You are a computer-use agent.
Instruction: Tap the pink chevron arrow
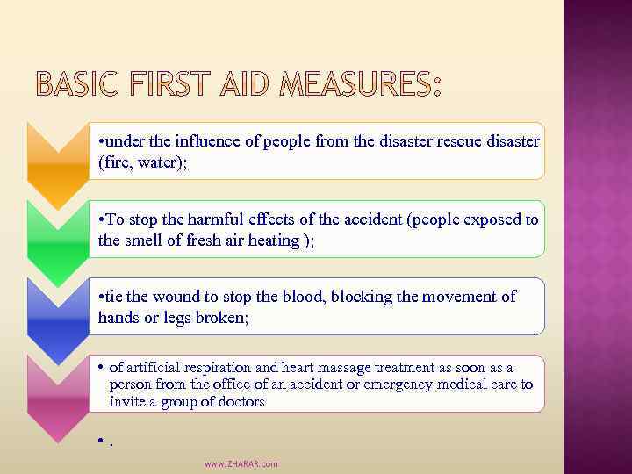pos(58,396)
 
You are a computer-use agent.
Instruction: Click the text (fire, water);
pos(143,163)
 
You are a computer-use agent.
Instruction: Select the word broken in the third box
pos(224,318)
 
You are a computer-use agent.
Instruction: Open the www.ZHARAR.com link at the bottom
pos(241,463)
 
